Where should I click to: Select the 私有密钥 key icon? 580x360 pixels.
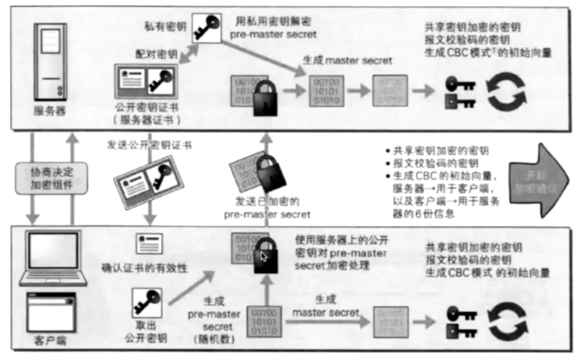(x=205, y=27)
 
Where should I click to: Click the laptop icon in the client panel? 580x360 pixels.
(x=53, y=258)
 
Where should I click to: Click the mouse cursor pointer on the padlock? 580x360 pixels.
(x=263, y=256)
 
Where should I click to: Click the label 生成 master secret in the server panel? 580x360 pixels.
(x=347, y=61)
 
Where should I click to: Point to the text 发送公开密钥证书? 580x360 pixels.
(x=148, y=144)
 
